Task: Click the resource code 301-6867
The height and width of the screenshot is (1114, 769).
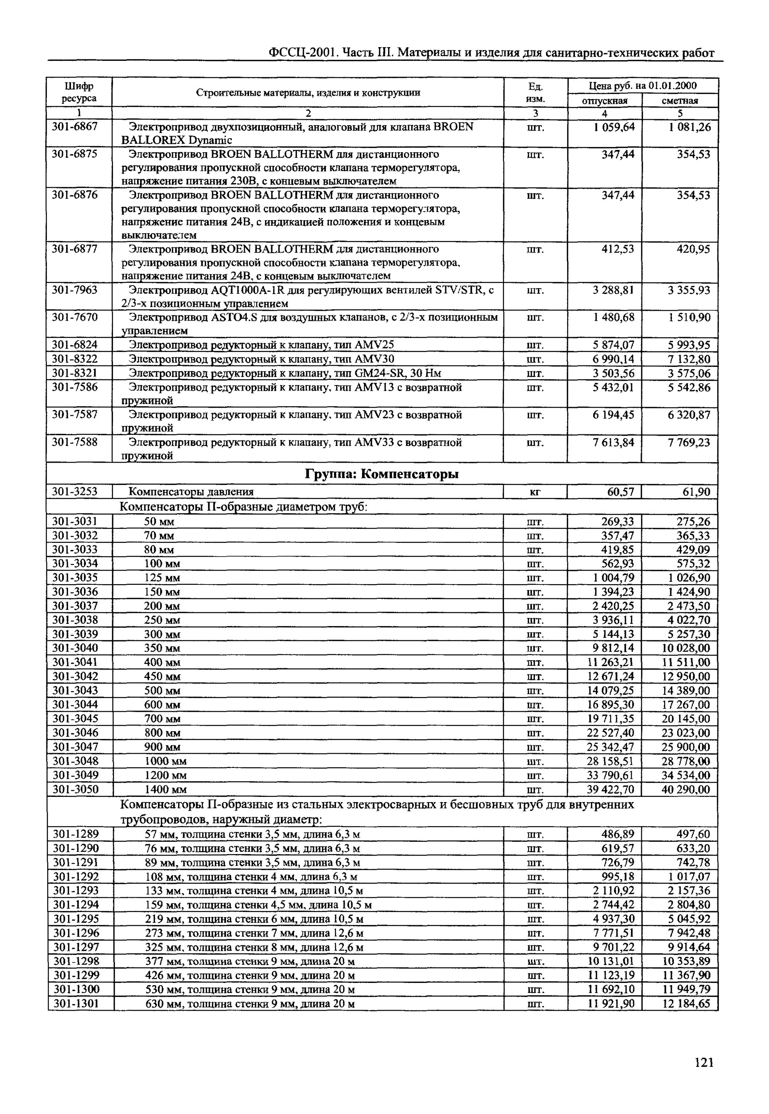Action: pos(74,127)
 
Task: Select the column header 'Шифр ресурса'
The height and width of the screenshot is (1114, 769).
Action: pos(79,92)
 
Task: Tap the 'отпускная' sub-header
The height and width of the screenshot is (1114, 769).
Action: pos(605,101)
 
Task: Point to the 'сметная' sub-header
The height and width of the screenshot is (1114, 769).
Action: pos(680,101)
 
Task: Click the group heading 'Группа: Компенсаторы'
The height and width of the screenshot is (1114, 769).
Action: pos(382,474)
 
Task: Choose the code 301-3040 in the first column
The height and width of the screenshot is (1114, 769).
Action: pos(74,648)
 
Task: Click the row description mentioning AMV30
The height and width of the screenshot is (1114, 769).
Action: pos(261,359)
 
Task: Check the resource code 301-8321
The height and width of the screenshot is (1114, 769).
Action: pos(74,373)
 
